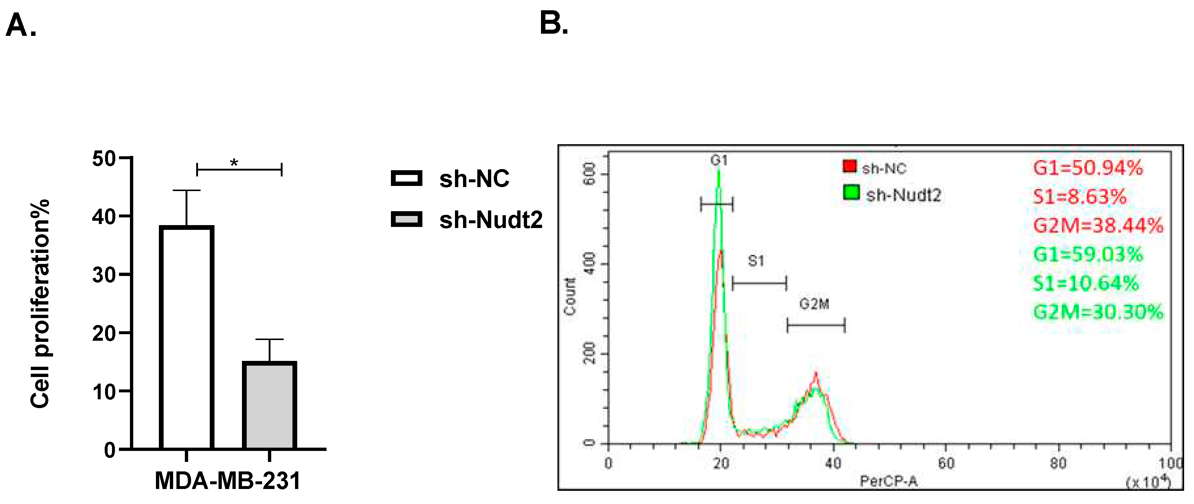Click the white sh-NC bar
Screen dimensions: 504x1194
click(186, 337)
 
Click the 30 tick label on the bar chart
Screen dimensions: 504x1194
click(104, 275)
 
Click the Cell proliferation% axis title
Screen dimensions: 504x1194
click(40, 304)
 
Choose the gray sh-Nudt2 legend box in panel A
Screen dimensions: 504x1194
click(407, 219)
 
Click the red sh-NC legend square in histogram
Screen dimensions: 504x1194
click(850, 167)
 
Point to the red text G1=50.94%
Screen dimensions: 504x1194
click(1088, 168)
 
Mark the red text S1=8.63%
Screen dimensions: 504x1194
click(1079, 197)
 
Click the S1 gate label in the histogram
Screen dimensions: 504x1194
click(756, 261)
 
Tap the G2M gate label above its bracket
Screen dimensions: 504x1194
click(814, 304)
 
